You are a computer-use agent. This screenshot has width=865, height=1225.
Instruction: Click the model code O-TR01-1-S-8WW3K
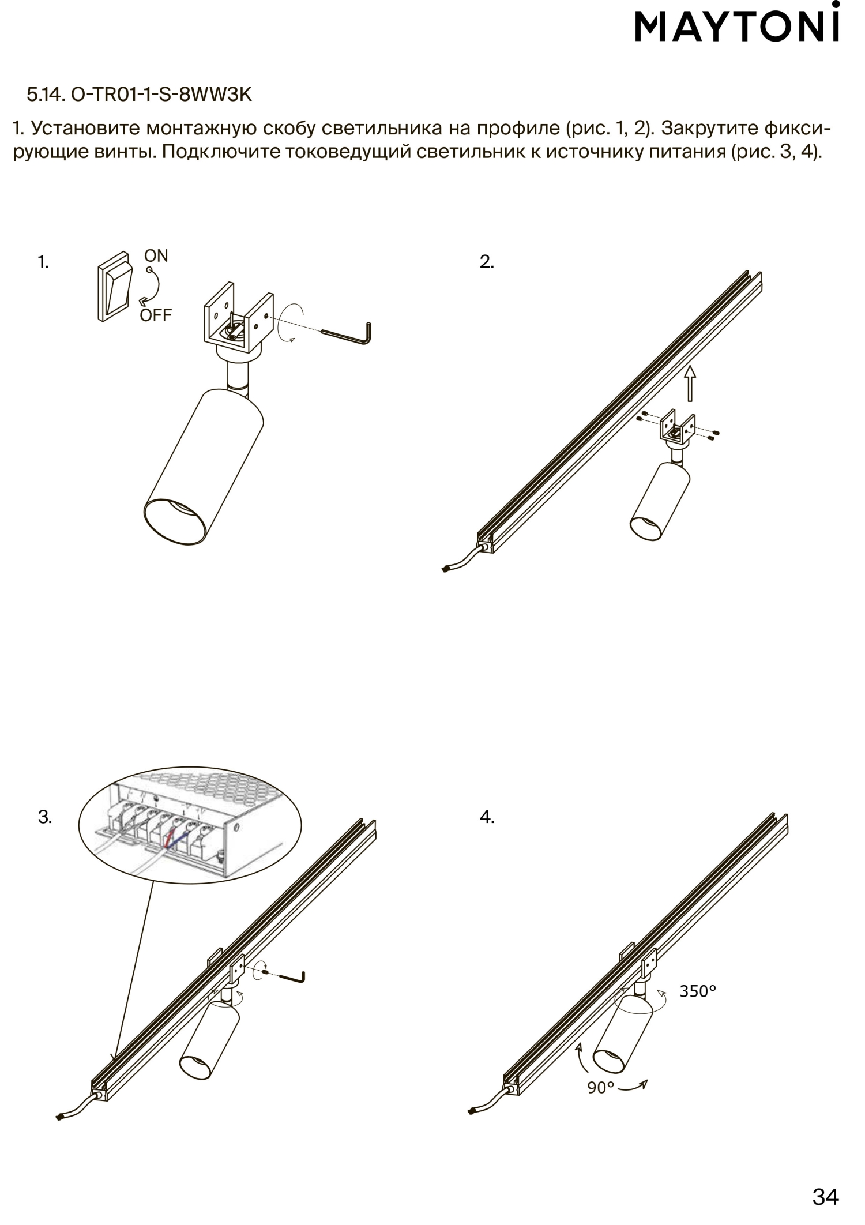[x=162, y=94]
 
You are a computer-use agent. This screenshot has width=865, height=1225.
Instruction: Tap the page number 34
[x=825, y=1197]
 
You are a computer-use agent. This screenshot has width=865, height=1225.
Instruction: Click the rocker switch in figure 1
[x=115, y=287]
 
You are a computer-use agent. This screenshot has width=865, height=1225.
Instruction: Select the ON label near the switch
[x=156, y=256]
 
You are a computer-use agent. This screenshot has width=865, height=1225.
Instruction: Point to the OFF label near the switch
[x=156, y=315]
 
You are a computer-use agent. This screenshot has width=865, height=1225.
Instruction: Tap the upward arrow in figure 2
[x=690, y=382]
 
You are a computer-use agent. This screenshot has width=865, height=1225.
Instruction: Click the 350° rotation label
[x=698, y=991]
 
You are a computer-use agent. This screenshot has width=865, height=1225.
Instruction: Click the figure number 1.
[x=43, y=262]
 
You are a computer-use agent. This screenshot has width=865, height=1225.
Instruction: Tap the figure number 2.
[x=487, y=262]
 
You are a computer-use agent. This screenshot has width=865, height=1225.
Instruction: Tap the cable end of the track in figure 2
[x=445, y=570]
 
